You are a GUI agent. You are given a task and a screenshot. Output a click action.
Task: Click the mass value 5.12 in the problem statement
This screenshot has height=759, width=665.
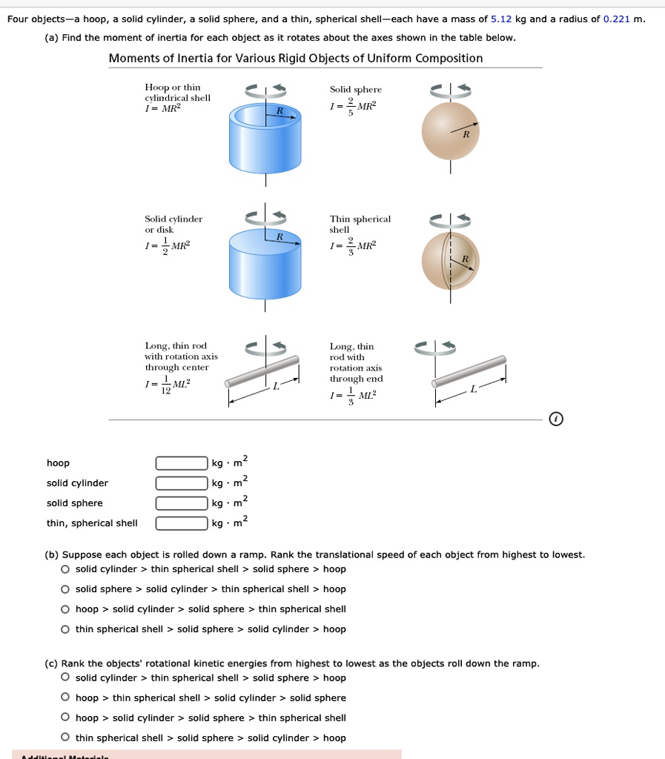point(502,19)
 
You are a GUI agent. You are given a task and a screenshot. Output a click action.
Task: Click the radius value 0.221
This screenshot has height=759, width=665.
point(617,19)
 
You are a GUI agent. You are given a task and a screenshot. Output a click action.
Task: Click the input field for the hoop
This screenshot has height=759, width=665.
point(182,463)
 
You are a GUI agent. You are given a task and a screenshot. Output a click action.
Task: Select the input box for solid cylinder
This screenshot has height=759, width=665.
point(182,483)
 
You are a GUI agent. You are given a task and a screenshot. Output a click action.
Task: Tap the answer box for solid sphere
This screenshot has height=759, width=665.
point(182,503)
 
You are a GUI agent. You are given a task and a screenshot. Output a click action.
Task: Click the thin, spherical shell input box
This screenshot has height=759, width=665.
point(182,523)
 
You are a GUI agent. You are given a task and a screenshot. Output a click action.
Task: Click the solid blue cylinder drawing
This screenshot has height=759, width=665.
point(265,259)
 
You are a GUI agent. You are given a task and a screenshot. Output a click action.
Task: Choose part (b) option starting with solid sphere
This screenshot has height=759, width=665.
point(66,589)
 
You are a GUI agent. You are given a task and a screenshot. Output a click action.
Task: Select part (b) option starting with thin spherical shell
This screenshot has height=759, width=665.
point(66,629)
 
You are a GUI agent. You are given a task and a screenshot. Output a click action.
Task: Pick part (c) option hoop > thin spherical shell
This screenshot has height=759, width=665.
point(66,698)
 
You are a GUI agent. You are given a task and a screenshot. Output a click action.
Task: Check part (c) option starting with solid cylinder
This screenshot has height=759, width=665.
point(66,678)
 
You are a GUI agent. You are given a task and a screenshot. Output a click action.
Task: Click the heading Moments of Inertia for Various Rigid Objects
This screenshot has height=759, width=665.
point(295,59)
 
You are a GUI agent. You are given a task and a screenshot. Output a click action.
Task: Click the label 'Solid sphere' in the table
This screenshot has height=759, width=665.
point(355,90)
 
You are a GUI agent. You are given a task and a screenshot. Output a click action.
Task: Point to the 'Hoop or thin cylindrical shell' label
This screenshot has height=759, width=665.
point(177,93)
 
